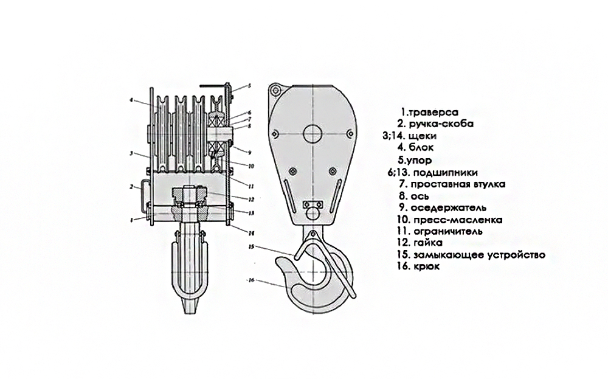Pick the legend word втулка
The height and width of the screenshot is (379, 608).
(x=488, y=183)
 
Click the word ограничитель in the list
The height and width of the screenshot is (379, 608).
(x=448, y=231)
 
